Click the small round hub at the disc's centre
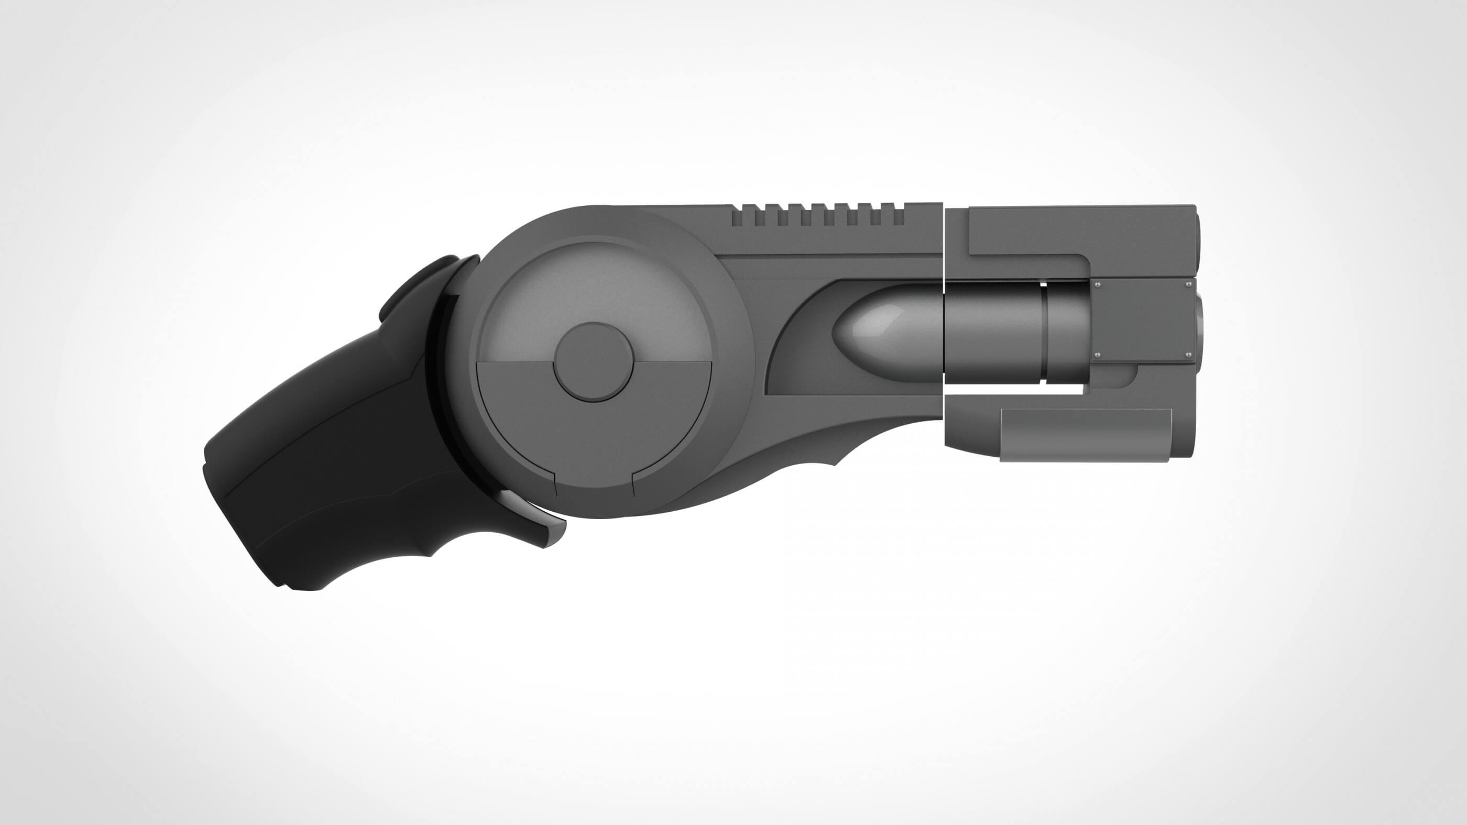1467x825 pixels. [594, 362]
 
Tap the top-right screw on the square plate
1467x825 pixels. [1188, 284]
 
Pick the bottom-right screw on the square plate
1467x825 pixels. [1188, 355]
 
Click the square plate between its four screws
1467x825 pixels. [1142, 320]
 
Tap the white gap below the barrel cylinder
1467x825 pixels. [1014, 389]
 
